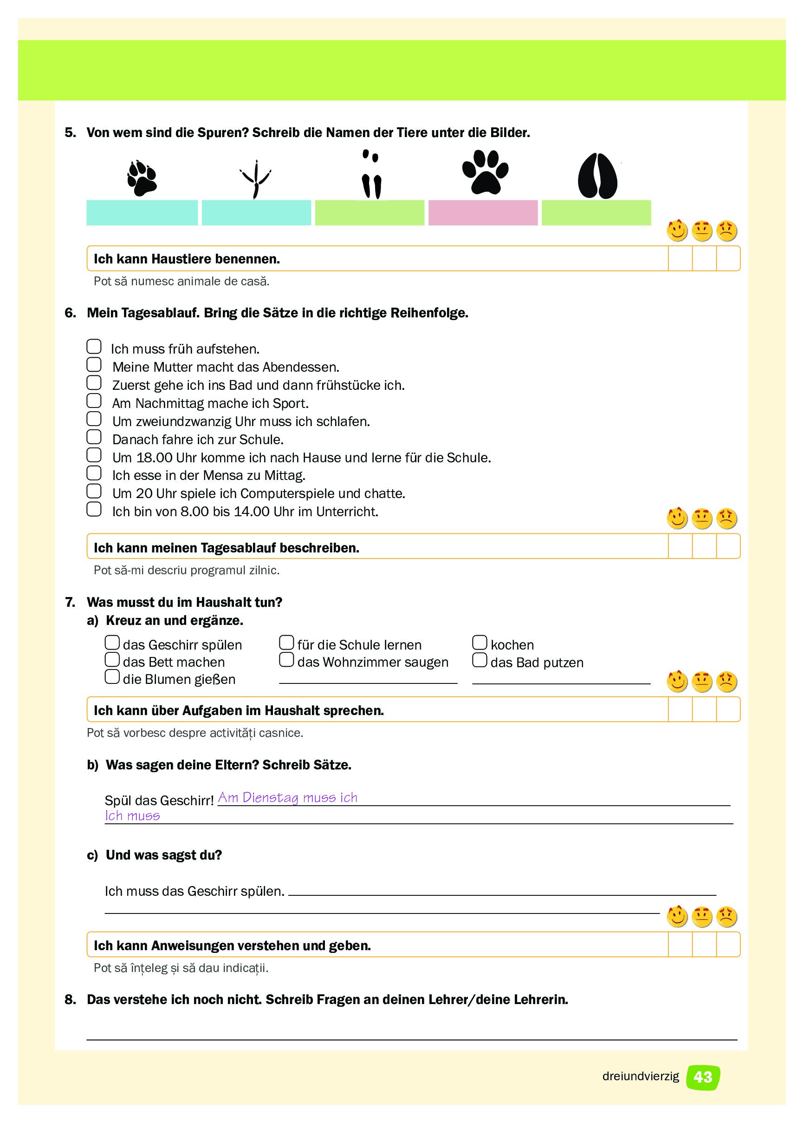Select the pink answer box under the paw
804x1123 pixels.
(483, 213)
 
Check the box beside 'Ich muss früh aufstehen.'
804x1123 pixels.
(94, 347)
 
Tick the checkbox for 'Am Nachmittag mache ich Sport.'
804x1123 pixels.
(94, 401)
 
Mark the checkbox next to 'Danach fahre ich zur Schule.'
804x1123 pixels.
(94, 437)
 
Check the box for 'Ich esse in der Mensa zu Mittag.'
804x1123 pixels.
(94, 473)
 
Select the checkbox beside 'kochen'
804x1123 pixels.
(480, 643)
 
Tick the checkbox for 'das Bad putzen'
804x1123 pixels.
(480, 660)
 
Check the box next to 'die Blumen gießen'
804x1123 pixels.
(112, 677)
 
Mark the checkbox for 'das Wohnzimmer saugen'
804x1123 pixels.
(286, 660)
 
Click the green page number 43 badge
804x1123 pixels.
(703, 1077)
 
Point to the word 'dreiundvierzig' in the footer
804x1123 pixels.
(640, 1077)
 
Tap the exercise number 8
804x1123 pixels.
(70, 1000)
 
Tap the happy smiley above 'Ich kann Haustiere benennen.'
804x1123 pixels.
(677, 231)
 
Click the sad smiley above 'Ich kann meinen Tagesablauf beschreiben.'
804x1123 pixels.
(726, 519)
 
